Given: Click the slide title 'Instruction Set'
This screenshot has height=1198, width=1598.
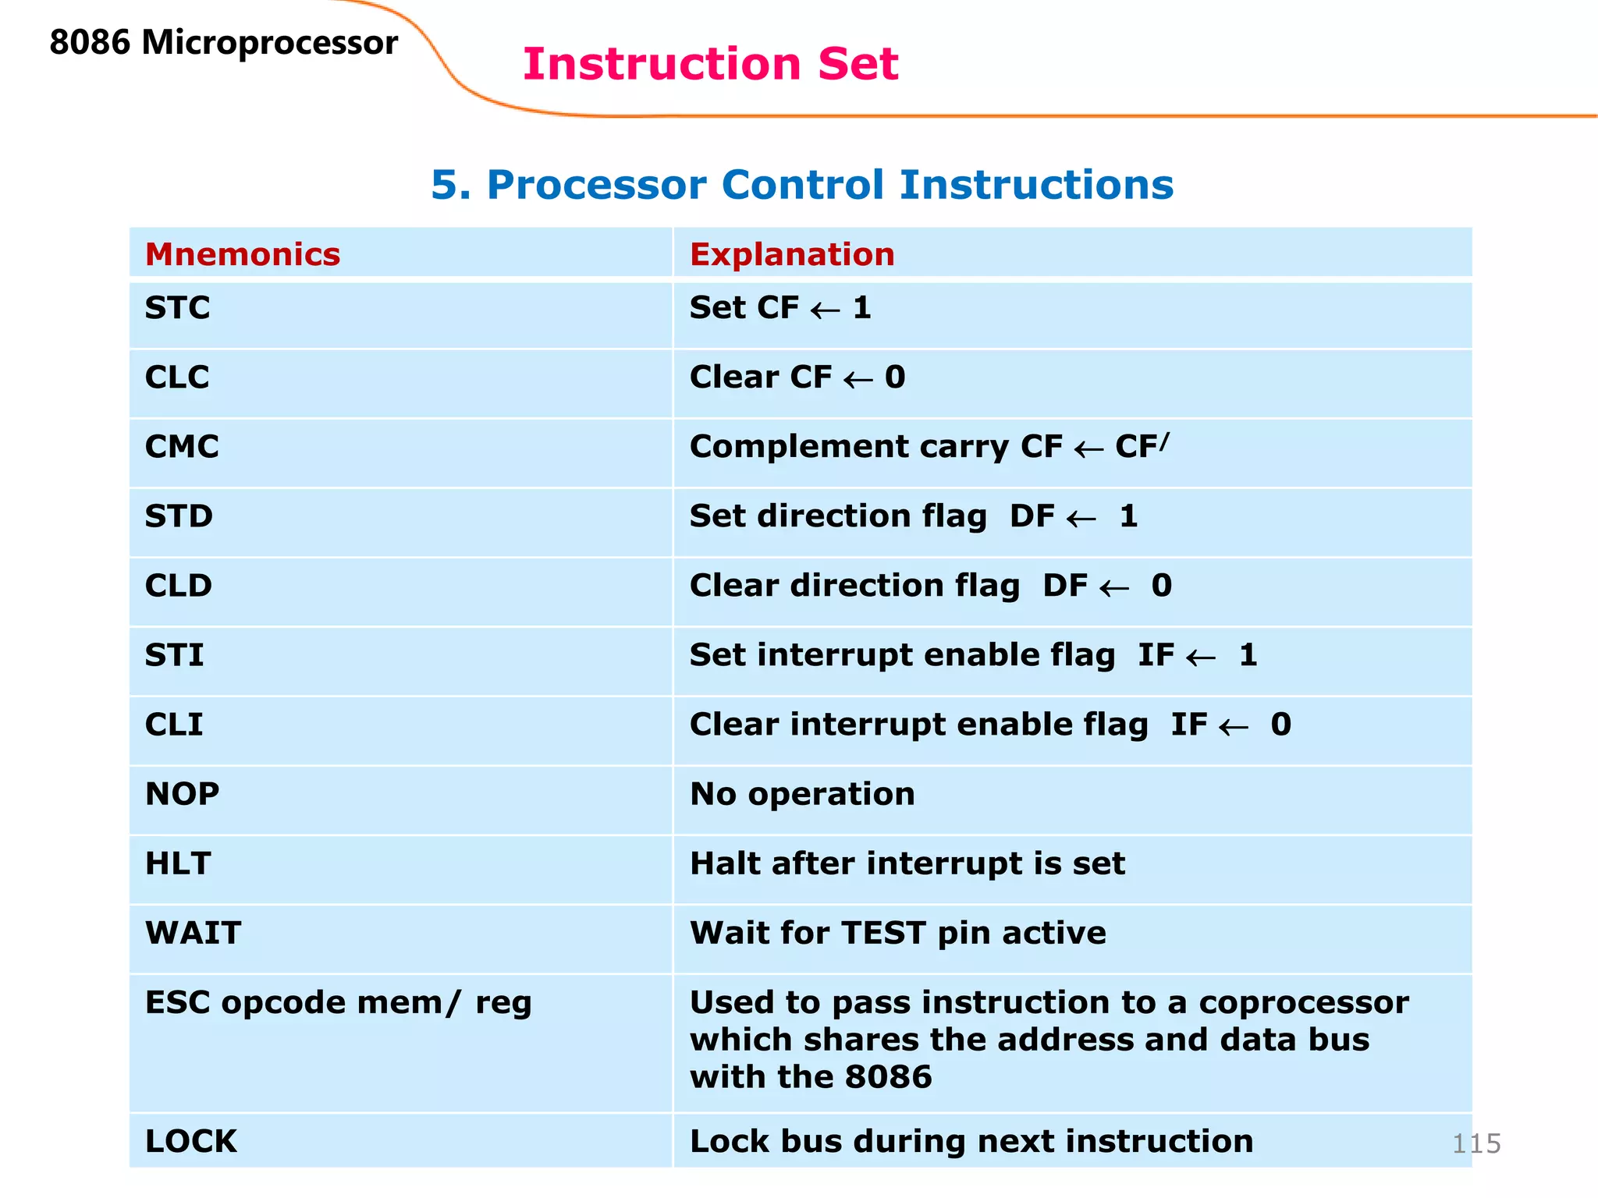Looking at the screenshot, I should tap(710, 64).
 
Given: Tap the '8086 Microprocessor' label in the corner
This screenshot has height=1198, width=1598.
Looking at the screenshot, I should tap(223, 42).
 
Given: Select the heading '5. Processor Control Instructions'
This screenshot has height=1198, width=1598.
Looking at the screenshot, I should tap(801, 185).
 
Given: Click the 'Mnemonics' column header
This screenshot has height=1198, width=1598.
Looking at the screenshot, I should tap(243, 254).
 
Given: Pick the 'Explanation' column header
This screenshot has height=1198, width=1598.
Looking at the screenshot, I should tap(792, 254).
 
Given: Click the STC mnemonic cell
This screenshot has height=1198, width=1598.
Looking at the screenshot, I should tap(178, 308).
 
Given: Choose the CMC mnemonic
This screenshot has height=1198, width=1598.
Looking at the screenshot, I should tap(182, 447).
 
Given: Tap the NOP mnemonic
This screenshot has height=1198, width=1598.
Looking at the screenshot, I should tap(183, 794).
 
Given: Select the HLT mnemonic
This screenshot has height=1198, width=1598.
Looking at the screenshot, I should tap(179, 863).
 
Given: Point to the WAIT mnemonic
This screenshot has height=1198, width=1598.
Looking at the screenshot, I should tap(194, 933).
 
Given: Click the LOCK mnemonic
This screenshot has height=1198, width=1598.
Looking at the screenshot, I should tap(191, 1141).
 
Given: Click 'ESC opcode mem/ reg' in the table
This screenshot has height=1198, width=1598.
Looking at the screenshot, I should tap(339, 1003).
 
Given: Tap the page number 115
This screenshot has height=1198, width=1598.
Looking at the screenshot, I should tap(1476, 1143).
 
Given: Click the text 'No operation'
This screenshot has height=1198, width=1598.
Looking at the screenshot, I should tap(802, 794).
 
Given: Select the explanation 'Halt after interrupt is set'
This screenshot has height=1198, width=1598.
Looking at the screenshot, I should tap(907, 863).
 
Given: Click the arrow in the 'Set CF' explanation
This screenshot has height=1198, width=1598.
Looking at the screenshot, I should tap(825, 310).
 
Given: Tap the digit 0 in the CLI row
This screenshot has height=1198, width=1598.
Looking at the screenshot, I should tap(1280, 725).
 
